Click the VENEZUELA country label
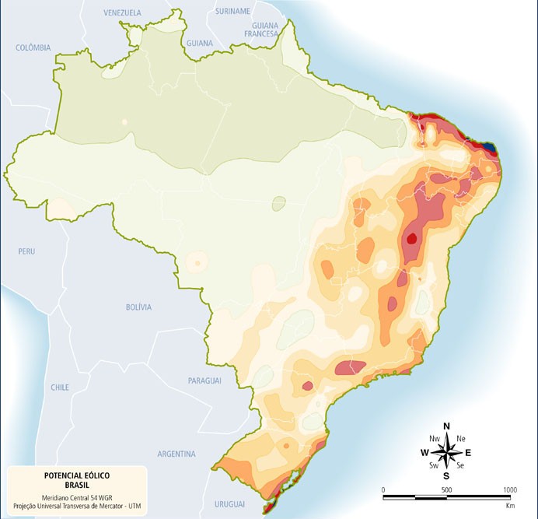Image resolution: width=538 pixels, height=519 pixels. tap(123, 13)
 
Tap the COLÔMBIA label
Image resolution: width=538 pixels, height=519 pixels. tap(33, 47)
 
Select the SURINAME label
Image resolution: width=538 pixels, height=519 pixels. tap(233, 12)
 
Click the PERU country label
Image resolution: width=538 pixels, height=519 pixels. tap(27, 251)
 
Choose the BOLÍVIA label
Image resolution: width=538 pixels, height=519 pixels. tap(138, 307)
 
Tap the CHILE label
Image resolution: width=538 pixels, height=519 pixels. tap(60, 387)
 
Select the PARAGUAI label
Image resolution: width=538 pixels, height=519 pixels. tap(205, 380)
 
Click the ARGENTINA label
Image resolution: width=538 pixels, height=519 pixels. tap(176, 454)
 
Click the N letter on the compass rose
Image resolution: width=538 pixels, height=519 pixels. tap(446, 426)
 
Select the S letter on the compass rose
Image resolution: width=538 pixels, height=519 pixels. tap(446, 475)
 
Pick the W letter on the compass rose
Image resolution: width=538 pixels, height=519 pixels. tap(424, 452)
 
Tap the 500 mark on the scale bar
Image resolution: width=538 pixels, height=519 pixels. tap(446, 489)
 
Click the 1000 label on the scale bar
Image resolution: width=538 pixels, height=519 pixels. tap(509, 489)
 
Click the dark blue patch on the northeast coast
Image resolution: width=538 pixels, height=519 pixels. tap(488, 146)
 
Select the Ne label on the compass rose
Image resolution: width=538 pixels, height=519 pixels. tap(460, 439)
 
